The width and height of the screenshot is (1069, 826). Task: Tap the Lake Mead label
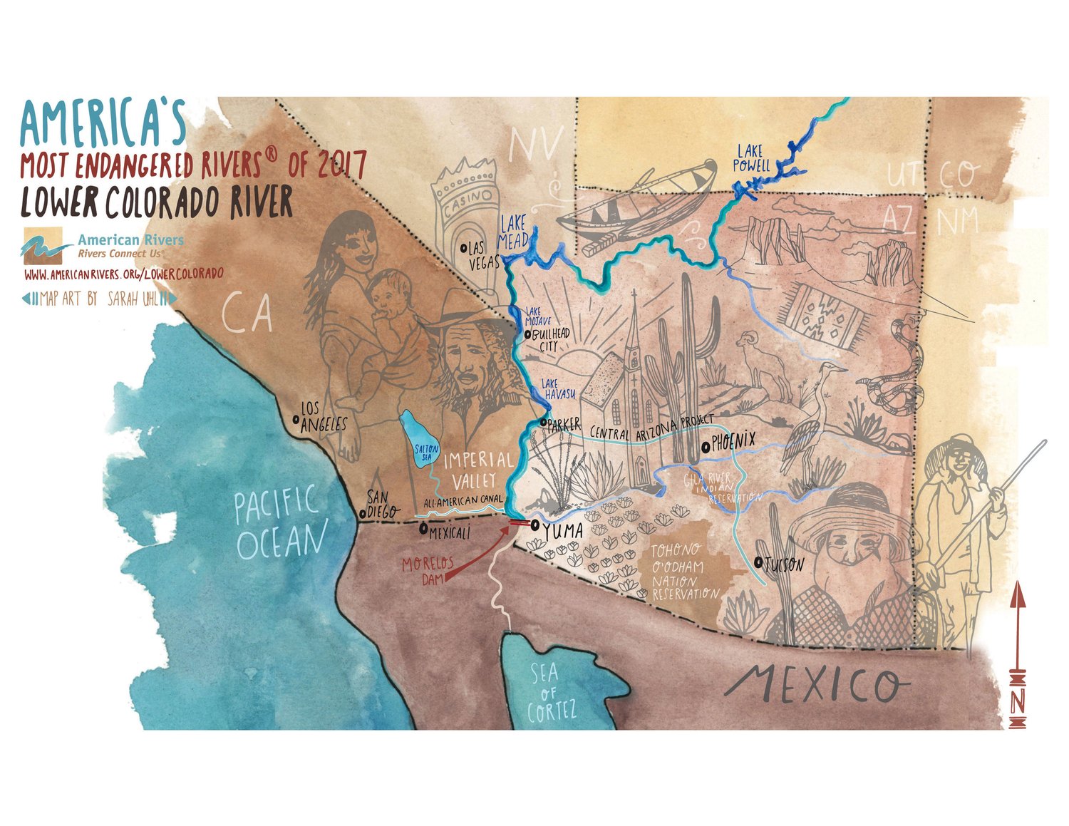point(513,232)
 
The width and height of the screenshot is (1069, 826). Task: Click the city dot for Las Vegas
point(464,248)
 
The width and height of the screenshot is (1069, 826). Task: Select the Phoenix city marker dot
point(705,446)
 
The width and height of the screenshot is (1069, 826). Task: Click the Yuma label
point(562,531)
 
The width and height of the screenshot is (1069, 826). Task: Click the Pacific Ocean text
point(279,522)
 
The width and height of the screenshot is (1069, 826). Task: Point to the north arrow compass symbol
point(1018,656)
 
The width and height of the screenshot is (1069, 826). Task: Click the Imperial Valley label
point(477,469)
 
